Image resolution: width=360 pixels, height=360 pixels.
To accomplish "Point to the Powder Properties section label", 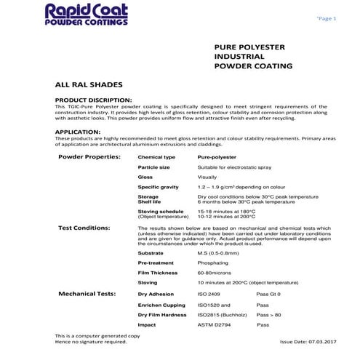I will (x=89, y=156).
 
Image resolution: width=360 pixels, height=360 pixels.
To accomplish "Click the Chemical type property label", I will (x=156, y=157).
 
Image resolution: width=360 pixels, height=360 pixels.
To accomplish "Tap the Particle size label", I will (x=154, y=167).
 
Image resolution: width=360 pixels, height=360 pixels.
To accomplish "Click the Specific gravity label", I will (x=159, y=187).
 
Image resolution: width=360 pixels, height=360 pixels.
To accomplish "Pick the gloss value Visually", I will (x=208, y=177).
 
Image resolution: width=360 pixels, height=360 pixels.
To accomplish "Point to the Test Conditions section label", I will (x=84, y=228).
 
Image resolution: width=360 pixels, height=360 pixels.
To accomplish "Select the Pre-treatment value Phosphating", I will (x=214, y=263).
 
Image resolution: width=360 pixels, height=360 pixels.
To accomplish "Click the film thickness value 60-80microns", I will (x=215, y=273).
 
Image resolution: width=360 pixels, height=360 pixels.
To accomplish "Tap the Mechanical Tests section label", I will (x=87, y=294).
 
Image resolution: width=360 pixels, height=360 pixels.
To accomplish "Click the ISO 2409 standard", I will (x=209, y=295).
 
